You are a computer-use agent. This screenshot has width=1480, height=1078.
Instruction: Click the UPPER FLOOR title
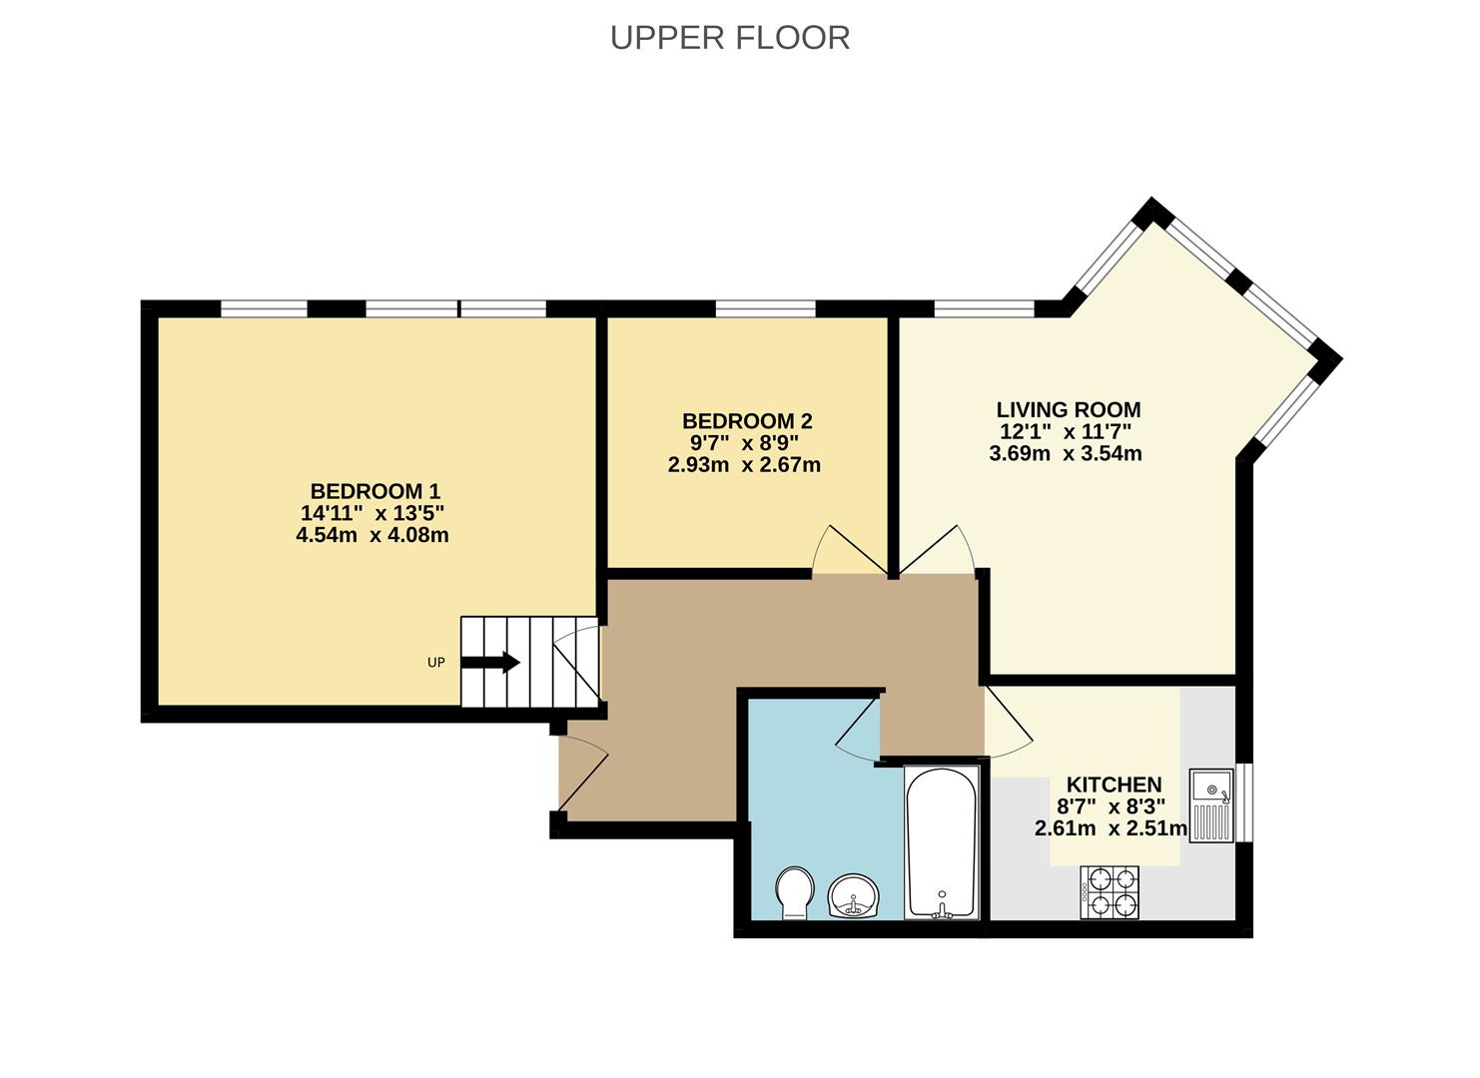(730, 37)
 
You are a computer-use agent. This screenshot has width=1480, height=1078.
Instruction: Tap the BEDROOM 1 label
(374, 491)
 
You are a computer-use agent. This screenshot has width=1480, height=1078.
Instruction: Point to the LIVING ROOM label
(1068, 409)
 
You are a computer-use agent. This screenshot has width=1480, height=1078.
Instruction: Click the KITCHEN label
(1113, 785)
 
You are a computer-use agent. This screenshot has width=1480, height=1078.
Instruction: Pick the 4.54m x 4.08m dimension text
(371, 535)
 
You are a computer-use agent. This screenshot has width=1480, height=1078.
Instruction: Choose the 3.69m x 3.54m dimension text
(1065, 453)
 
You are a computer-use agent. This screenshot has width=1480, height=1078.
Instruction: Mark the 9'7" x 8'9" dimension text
(743, 443)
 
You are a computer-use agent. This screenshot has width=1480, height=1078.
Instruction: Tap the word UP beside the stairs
(435, 663)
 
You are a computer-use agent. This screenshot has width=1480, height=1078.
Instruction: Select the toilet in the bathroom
(794, 891)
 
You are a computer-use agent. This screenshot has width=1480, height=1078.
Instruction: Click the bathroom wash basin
(853, 895)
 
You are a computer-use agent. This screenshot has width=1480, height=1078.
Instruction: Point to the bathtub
(941, 841)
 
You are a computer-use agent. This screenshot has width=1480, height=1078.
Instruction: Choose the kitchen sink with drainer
(1211, 806)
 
